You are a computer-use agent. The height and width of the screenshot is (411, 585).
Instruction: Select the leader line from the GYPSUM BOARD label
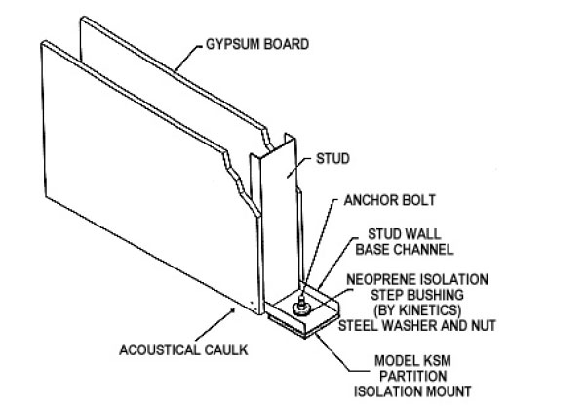189,59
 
